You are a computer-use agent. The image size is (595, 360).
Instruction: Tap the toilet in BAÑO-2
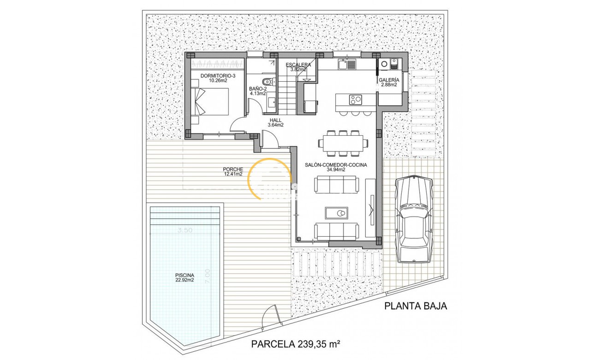[x=271, y=82]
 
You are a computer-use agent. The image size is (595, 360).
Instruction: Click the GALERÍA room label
[x=389, y=82]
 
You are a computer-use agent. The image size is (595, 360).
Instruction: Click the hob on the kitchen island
[x=355, y=99]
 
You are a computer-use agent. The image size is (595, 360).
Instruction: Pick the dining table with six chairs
[x=343, y=142]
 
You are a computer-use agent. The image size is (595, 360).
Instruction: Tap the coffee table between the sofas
[x=337, y=213]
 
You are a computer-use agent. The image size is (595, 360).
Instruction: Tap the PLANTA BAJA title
[x=416, y=306]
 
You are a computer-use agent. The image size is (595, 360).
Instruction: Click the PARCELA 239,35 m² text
[x=296, y=343]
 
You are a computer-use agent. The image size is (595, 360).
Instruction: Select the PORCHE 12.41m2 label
[x=233, y=172]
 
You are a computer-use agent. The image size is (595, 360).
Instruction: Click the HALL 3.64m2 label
[x=276, y=122]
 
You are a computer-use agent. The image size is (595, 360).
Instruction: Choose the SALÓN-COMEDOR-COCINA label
[x=336, y=167]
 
